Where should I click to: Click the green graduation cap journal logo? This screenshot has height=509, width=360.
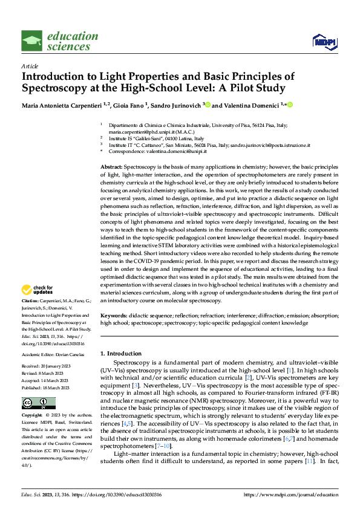(x=31, y=41)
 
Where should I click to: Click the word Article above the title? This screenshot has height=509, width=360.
(x=29, y=66)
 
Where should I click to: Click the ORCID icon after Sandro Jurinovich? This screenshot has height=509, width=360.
(x=208, y=105)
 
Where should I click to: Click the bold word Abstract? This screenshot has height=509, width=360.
(x=112, y=166)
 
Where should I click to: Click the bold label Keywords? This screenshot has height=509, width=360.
(x=115, y=316)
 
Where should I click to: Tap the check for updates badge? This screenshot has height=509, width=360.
(x=41, y=290)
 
